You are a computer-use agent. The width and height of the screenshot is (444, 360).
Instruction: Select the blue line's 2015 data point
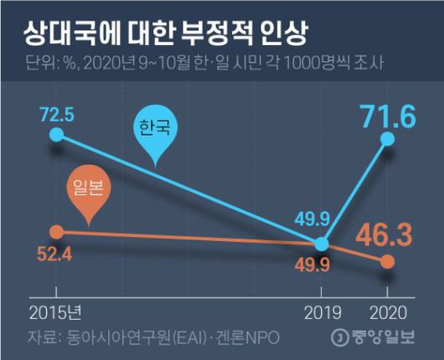(56, 133)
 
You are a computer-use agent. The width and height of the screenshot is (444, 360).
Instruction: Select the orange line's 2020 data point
(386, 263)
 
